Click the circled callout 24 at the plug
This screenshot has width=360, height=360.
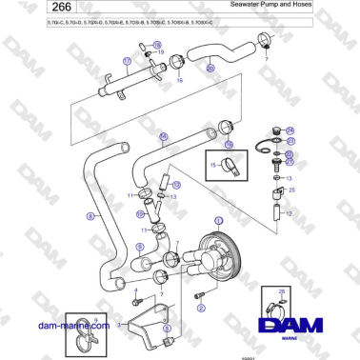click(290, 130)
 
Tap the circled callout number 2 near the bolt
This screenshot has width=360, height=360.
click(200, 297)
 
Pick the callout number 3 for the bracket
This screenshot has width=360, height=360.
click(118, 324)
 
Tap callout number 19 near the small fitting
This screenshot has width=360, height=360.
click(160, 52)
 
